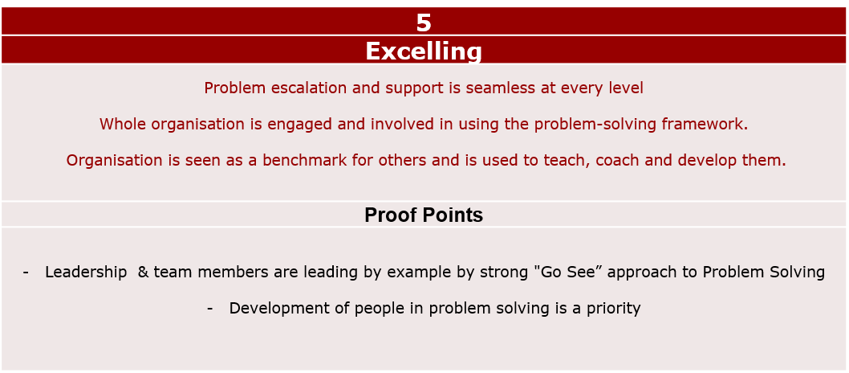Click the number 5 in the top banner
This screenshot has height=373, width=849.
tap(424, 23)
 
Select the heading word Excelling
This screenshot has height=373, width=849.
tap(424, 51)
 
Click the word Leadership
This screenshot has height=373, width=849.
tap(86, 273)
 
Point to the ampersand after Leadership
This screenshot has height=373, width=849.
tap(143, 273)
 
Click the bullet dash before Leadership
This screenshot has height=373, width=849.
tap(26, 273)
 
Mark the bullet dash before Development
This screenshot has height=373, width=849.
tap(210, 309)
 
